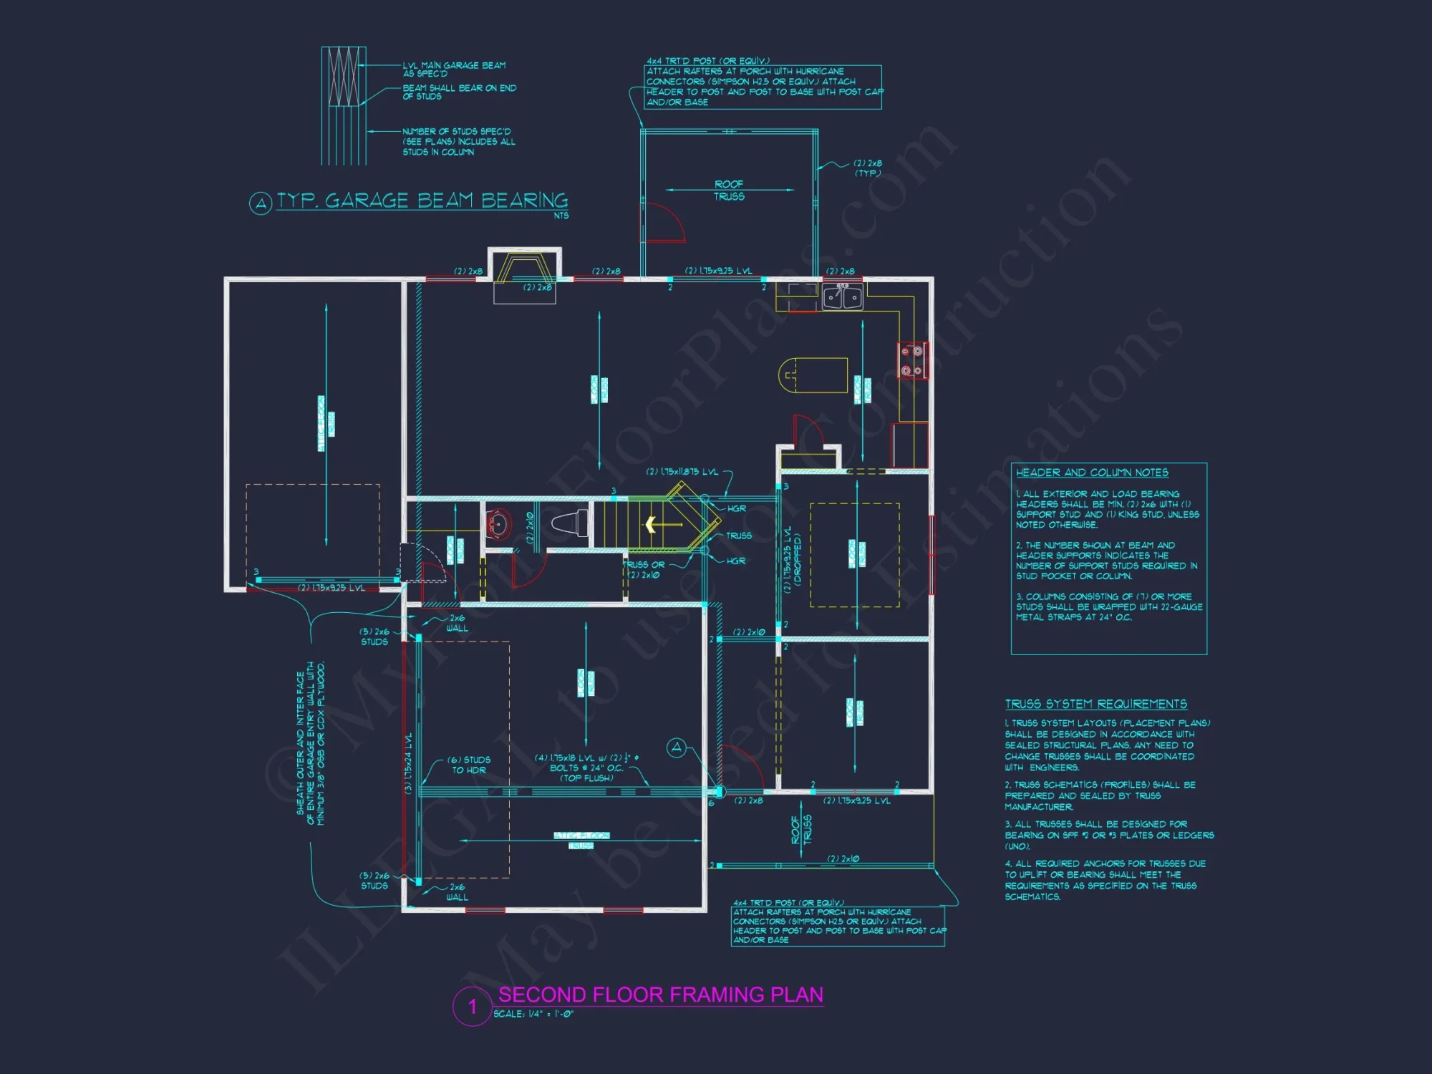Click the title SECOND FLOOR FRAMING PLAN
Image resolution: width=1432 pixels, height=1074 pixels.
pos(660,995)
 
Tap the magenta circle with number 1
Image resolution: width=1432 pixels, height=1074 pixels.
pos(472,1007)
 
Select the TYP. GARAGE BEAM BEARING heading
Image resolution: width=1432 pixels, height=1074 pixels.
pos(422,200)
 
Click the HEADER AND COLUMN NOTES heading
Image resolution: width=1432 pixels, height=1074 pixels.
pos(1092,473)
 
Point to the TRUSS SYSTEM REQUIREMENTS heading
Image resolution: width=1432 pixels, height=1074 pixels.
pos(1095,704)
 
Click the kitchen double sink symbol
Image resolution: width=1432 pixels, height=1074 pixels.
pos(842,296)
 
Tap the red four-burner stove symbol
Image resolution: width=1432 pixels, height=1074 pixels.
pos(911,361)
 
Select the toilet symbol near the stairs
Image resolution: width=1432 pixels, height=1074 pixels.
pos(570,524)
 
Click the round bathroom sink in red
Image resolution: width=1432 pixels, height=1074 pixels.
pos(498,525)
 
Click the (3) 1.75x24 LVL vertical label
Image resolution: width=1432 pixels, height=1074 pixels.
pos(409,763)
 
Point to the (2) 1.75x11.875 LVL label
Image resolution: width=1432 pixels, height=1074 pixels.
pos(682,472)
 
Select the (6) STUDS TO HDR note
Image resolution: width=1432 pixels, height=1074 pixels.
pos(469,765)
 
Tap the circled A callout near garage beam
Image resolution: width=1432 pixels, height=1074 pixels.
pos(676,748)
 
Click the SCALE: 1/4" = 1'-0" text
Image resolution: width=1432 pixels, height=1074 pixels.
pos(533,1014)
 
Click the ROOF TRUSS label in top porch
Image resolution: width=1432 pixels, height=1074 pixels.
pos(729,190)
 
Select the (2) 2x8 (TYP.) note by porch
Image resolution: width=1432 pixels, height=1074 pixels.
pos(867,168)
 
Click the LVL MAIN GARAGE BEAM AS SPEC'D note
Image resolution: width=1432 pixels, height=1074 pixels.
pos(454,69)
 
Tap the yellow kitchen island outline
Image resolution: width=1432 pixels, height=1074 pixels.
pos(813,375)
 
